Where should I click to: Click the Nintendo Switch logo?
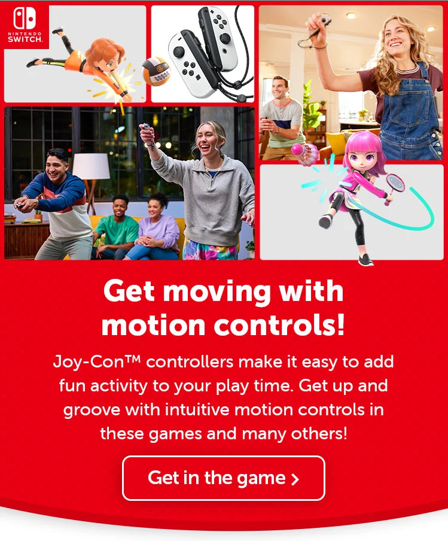pyautogui.click(x=25, y=25)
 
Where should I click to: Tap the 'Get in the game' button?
pyautogui.click(x=223, y=478)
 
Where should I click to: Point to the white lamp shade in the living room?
pyautogui.click(x=91, y=166)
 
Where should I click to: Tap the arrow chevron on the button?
pyautogui.click(x=294, y=479)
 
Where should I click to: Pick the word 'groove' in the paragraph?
pyautogui.click(x=92, y=411)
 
